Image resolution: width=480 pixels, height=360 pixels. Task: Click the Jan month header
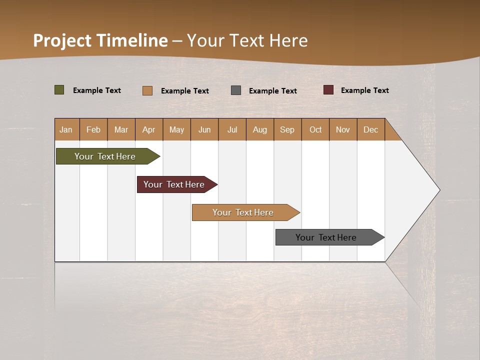click(x=66, y=129)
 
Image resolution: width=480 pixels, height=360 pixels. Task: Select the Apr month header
click(x=149, y=129)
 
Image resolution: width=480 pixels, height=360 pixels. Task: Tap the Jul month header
click(x=232, y=129)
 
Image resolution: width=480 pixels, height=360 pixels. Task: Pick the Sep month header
click(x=287, y=129)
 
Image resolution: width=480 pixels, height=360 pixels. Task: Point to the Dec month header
click(x=370, y=129)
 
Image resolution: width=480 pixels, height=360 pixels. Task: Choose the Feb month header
click(x=93, y=129)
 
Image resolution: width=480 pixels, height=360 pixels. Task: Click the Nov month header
click(x=343, y=129)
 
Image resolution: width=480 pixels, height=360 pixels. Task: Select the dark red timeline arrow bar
click(x=175, y=184)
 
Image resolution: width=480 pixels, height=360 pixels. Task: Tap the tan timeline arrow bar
click(x=244, y=212)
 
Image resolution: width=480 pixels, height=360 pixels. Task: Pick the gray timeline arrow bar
click(x=327, y=237)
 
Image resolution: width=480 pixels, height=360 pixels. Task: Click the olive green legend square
click(x=59, y=90)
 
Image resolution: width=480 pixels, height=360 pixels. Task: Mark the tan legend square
click(x=147, y=90)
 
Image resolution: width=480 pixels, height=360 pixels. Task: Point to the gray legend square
click(x=236, y=90)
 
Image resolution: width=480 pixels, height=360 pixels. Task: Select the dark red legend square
click(x=328, y=90)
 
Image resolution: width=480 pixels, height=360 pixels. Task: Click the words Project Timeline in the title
click(x=100, y=40)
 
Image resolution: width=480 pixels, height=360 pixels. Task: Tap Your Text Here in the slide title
click(x=247, y=40)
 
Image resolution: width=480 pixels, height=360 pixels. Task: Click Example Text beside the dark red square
click(x=365, y=90)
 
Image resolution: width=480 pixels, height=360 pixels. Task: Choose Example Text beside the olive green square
click(x=97, y=90)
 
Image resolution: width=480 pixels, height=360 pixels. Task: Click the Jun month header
click(x=204, y=129)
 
